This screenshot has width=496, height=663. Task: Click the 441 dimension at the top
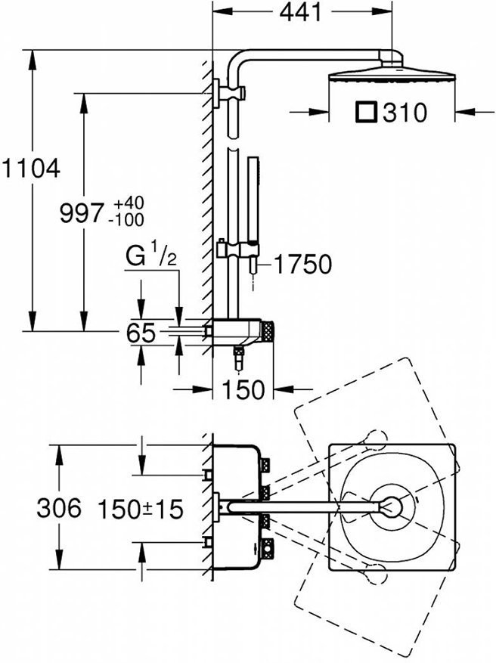pos(301,12)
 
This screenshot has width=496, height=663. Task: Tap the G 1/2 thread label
pos(151,257)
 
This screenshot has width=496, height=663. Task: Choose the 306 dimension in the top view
pos(59,508)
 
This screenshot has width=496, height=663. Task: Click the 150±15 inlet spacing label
pos(140,509)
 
